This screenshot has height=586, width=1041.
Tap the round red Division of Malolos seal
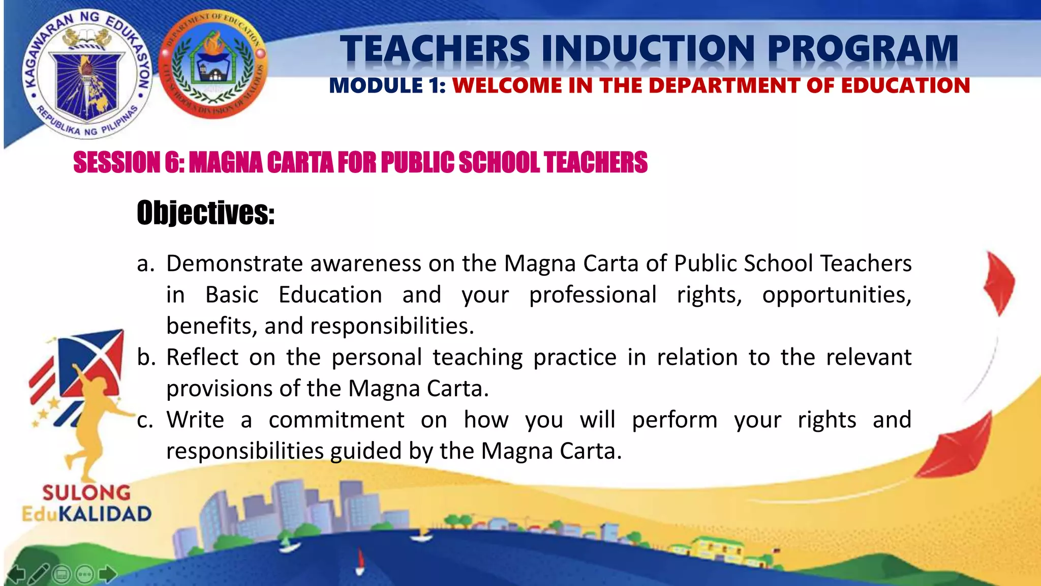click(x=213, y=65)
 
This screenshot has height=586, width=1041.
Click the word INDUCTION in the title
click(x=649, y=49)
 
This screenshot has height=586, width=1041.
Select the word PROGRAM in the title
click(x=863, y=49)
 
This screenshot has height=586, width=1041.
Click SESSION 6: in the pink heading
click(x=129, y=163)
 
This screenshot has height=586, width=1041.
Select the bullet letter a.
click(x=145, y=264)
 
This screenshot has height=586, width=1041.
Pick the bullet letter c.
click(x=145, y=421)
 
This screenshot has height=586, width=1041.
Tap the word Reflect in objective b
click(x=202, y=358)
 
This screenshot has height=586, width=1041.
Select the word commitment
click(x=336, y=421)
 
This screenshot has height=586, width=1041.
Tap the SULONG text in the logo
click(x=86, y=492)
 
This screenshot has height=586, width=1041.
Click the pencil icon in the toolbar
click(x=39, y=574)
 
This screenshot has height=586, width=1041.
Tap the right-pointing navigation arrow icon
click(x=107, y=574)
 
